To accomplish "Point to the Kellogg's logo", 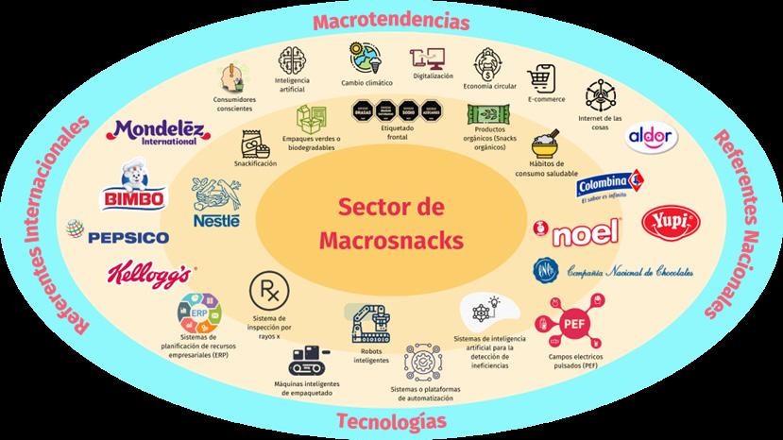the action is point(152,275).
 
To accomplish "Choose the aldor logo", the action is point(652,138).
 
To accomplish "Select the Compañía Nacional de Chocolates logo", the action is point(614,271).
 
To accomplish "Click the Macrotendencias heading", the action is point(392,20).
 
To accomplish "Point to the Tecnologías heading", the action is point(391,420).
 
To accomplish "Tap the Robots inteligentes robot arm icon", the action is point(367,324).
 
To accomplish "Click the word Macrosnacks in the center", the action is point(391,240).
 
